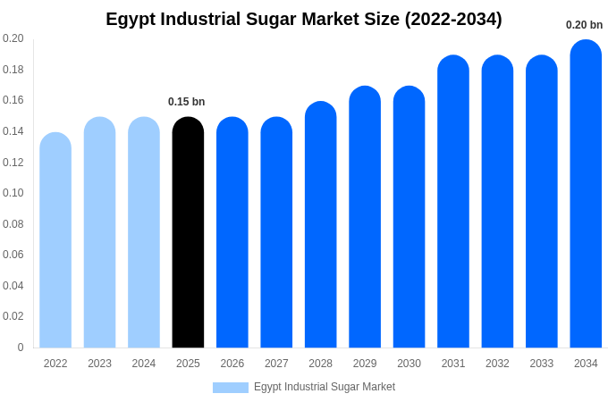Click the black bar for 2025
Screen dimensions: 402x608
point(188,232)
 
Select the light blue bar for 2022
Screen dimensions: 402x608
point(55,240)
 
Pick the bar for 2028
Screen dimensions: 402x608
point(321,224)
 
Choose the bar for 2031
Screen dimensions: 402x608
point(453,202)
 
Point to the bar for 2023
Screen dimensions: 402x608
point(99,232)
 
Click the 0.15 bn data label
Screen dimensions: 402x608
point(187,102)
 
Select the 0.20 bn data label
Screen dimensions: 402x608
point(584,25)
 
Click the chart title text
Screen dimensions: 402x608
point(304,19)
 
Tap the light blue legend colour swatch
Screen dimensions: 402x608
point(231,388)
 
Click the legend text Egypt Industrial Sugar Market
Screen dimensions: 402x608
point(325,387)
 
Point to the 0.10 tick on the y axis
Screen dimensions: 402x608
point(13,193)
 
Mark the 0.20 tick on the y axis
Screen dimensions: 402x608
point(13,38)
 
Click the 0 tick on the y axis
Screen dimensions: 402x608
point(21,348)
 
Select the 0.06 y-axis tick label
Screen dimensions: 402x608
point(13,255)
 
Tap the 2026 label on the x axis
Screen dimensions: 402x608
point(232,364)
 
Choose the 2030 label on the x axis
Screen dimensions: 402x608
point(409,364)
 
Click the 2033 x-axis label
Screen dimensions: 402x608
point(542,364)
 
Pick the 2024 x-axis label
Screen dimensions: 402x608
point(144,364)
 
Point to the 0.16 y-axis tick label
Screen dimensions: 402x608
point(13,100)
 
